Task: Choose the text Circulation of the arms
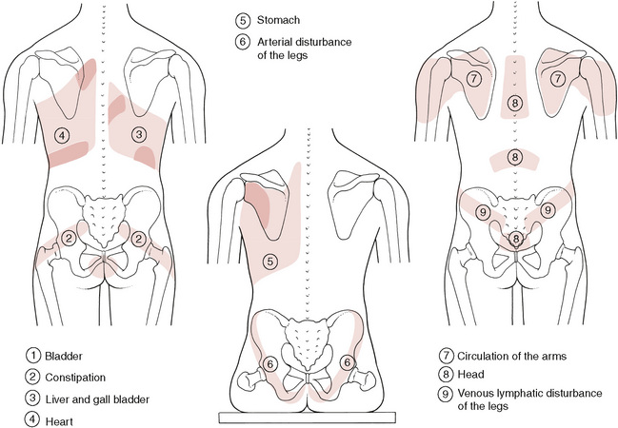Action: pos(515,356)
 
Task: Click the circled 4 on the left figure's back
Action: pos(62,134)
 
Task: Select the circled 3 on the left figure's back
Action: pos(139,134)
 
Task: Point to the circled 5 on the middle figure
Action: pos(270,261)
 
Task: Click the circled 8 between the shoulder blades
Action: pos(515,103)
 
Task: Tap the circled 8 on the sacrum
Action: pos(514,239)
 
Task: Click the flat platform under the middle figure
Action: pos(309,416)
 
